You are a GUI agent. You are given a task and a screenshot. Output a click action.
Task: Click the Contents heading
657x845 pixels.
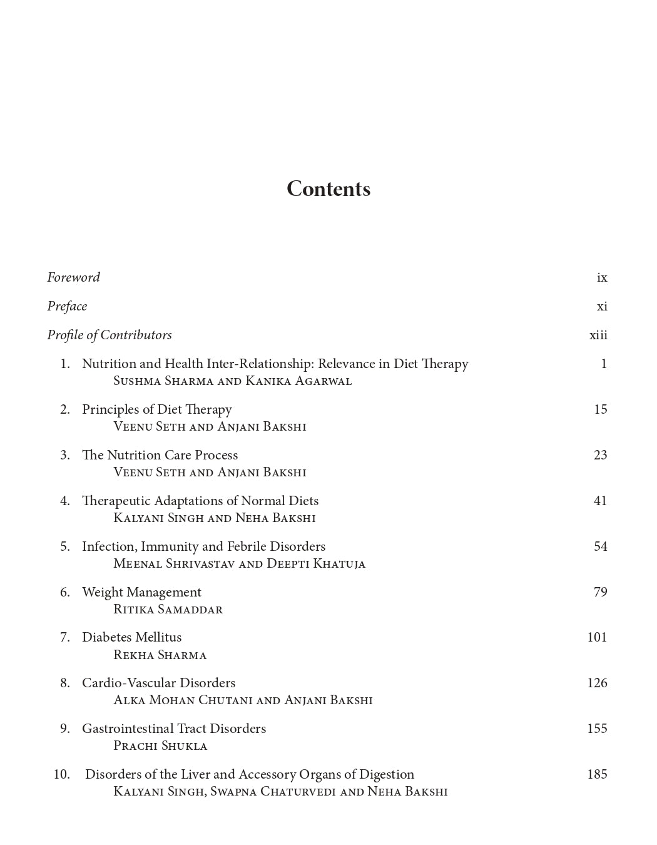[x=328, y=189]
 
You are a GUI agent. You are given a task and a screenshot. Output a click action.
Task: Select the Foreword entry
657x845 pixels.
[x=74, y=277]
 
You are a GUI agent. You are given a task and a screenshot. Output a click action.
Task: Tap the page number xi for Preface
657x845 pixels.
[x=602, y=306]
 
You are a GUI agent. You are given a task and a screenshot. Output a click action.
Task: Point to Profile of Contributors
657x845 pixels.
[x=109, y=335]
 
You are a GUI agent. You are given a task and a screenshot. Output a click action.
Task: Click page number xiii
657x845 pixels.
[x=598, y=335]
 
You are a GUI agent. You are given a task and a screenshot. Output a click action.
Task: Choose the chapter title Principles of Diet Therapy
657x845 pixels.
[x=157, y=409]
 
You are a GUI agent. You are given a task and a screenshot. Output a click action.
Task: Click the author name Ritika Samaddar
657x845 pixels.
[x=168, y=610]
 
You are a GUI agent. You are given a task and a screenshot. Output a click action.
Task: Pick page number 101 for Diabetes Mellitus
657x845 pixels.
[x=597, y=637]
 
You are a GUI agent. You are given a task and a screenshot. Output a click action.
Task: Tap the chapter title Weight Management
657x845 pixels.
[x=141, y=592]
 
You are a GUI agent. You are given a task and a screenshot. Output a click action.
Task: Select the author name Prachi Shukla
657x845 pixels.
[x=160, y=746]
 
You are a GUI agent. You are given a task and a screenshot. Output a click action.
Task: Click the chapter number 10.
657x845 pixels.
[x=61, y=774]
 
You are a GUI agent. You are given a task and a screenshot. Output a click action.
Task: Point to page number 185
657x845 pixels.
[x=597, y=774]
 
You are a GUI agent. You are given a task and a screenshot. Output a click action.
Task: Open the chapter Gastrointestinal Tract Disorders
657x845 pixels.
[x=174, y=729]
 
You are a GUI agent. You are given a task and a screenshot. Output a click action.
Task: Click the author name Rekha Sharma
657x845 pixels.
[x=160, y=655]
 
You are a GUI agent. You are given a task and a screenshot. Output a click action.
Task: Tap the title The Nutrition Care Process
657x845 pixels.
[x=160, y=455]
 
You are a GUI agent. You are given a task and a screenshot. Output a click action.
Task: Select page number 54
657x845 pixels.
[x=600, y=546]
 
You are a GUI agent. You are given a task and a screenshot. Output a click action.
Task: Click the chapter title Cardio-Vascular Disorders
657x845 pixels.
[x=159, y=683]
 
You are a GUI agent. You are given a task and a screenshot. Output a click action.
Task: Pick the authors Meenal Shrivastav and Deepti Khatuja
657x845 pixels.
[x=239, y=564]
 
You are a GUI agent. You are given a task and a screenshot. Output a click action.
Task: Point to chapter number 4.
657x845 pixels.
[x=64, y=501]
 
